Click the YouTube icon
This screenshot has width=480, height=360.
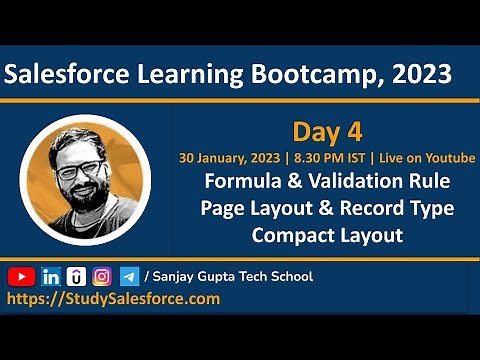tap(21, 276)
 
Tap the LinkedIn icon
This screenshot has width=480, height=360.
tap(50, 276)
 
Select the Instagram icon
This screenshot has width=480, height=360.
tap(102, 276)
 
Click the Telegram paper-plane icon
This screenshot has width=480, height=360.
tap(129, 276)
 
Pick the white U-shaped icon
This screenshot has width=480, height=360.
tap(76, 276)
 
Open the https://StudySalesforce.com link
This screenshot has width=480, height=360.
tap(114, 298)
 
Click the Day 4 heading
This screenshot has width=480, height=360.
tap(326, 132)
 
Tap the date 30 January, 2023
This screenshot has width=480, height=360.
tap(226, 158)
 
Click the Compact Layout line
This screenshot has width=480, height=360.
tap(327, 236)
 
